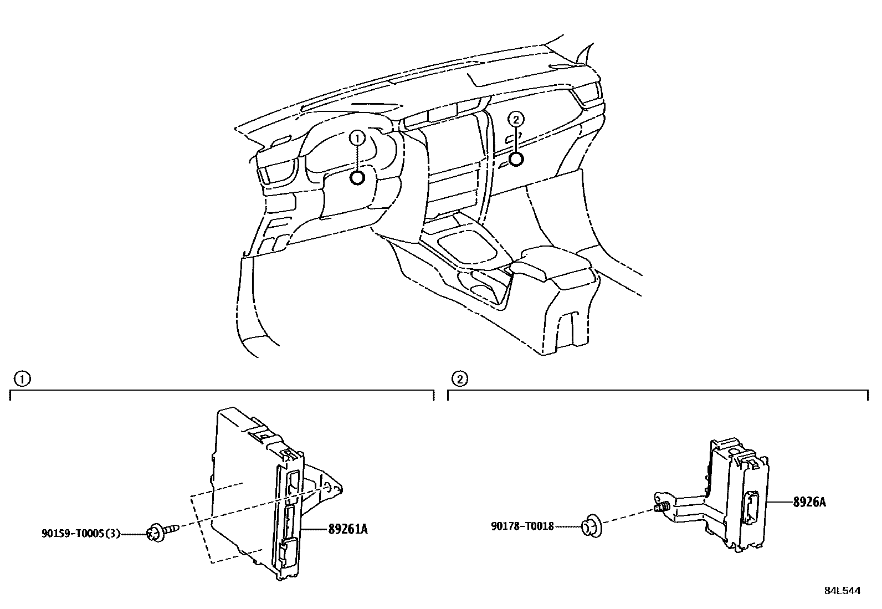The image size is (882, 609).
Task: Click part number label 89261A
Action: pos(348,529)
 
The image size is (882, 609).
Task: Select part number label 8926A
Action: pos(809,502)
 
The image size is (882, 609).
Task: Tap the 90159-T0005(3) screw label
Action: pos(81,534)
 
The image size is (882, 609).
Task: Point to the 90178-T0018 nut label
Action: pos(522,526)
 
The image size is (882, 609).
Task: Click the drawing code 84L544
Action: pos(842,591)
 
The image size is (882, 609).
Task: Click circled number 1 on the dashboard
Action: pos(357,139)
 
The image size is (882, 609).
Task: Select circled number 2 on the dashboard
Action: pos(516,119)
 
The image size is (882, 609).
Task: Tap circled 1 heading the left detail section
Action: pos(22,380)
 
